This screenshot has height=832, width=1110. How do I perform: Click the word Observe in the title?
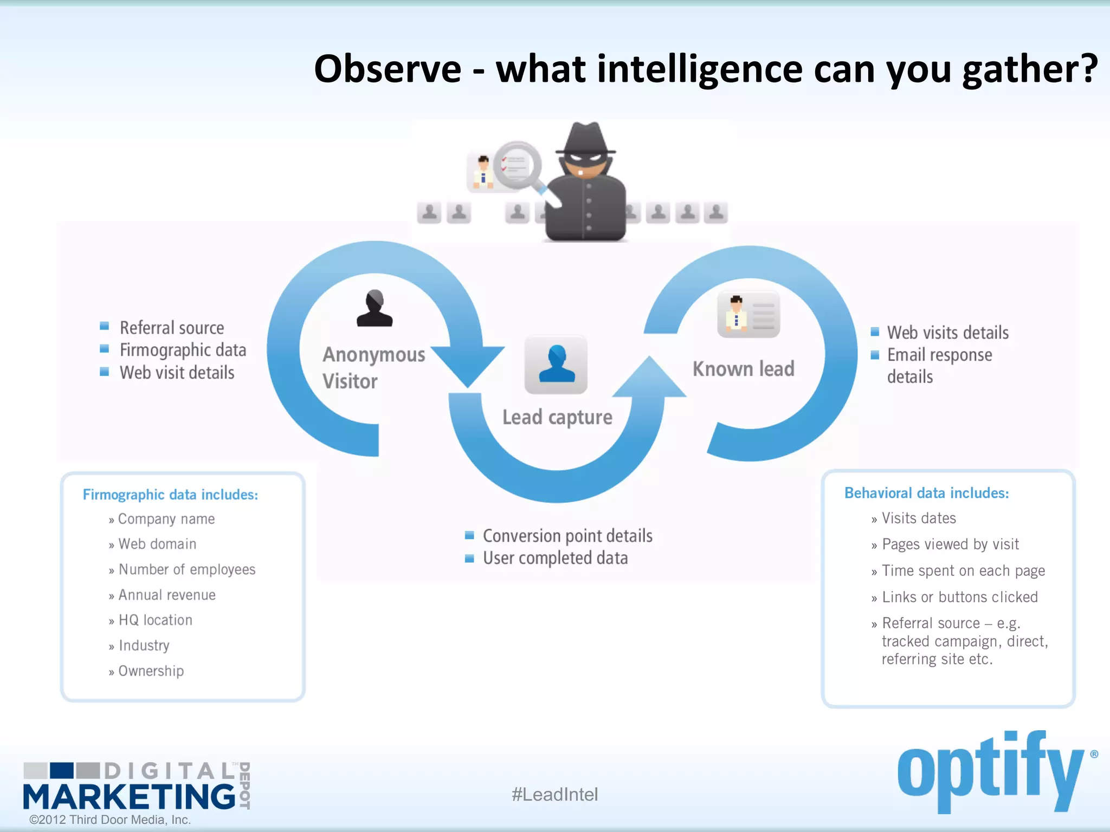click(x=388, y=69)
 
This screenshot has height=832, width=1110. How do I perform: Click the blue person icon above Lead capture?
click(x=556, y=364)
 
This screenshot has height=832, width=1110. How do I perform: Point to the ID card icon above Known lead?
click(x=748, y=314)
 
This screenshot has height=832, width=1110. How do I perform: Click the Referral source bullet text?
click(x=172, y=328)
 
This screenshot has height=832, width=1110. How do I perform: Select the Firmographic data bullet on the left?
click(x=183, y=350)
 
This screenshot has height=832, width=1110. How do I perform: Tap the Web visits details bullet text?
click(x=947, y=332)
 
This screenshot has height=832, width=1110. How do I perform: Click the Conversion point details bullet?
click(x=567, y=536)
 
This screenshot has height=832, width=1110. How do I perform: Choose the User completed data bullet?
click(x=555, y=558)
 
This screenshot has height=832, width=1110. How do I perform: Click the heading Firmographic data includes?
click(x=170, y=495)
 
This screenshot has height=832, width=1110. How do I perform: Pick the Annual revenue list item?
click(x=167, y=595)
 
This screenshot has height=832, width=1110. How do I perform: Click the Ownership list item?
click(x=151, y=671)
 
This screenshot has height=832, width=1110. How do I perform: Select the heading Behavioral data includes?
click(x=926, y=493)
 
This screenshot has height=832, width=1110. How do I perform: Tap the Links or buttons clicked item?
click(x=959, y=597)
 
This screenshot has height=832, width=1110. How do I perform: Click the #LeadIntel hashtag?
click(x=554, y=794)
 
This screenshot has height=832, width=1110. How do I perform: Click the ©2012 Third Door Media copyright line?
click(x=110, y=820)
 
